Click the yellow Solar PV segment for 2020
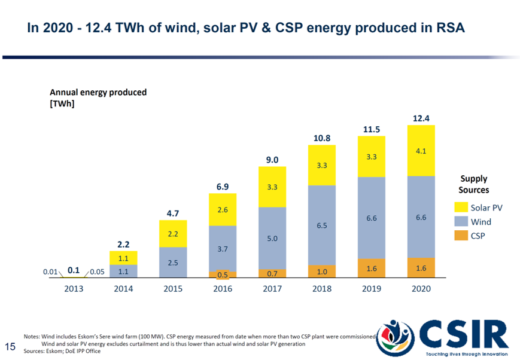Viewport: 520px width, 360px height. (421, 151)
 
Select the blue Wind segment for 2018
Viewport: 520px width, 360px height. (322, 225)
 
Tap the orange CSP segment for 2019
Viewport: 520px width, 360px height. (371, 268)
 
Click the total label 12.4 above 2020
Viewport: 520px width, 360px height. (421, 118)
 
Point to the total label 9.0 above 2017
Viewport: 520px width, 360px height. (272, 159)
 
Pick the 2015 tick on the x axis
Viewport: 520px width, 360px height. (173, 288)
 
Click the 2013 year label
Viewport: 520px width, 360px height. (74, 288)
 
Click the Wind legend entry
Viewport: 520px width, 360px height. (480, 221)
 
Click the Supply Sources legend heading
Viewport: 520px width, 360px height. (473, 184)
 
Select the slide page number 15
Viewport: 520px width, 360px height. (10, 346)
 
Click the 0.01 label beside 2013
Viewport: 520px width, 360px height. (50, 271)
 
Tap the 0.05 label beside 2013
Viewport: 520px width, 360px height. (97, 271)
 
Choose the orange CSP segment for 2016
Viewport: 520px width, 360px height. (223, 274)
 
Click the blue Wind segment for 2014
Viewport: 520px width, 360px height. (123, 271)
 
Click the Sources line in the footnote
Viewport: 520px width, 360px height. (62, 351)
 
